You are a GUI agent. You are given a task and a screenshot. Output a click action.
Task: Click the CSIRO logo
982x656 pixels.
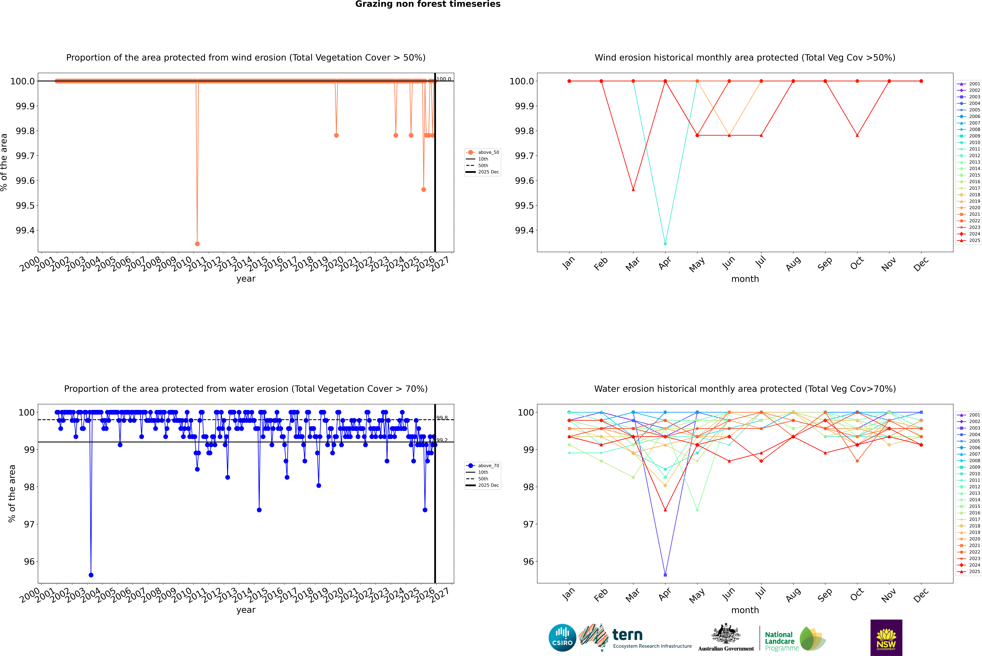tap(562, 638)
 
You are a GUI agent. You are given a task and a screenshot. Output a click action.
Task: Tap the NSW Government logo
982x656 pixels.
tap(886, 638)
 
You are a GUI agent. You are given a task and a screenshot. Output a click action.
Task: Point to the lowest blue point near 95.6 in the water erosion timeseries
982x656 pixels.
tap(91, 575)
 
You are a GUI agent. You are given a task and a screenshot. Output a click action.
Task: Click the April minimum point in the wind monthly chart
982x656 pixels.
tap(665, 243)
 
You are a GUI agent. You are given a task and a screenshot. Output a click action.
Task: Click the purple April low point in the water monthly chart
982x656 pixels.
tap(665, 575)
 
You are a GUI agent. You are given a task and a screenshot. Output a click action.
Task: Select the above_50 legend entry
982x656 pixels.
tap(483, 152)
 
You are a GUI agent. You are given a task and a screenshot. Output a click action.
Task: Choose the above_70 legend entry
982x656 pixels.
tap(483, 466)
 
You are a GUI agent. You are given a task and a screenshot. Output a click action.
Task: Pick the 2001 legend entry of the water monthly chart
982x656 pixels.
tap(969, 415)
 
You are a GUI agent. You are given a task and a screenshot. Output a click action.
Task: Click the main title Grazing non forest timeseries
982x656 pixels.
tap(428, 4)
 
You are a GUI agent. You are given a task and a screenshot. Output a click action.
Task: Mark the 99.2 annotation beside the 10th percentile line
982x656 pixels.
tap(442, 440)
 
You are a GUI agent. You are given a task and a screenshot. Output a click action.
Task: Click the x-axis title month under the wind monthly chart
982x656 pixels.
tap(745, 279)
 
